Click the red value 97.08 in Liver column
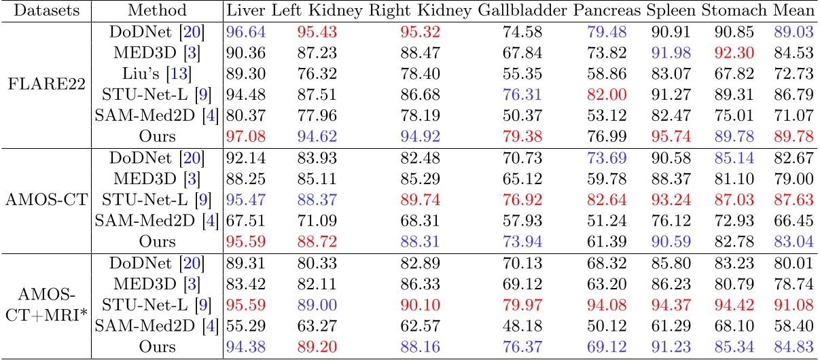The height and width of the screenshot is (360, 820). [245, 137]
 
